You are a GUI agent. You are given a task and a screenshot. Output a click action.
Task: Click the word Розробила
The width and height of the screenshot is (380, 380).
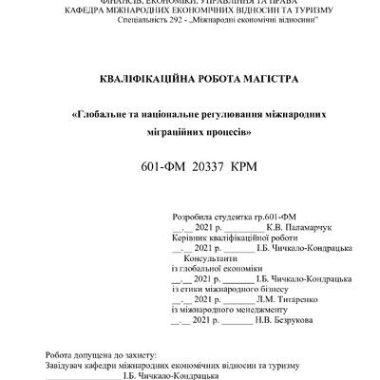coord(191,218)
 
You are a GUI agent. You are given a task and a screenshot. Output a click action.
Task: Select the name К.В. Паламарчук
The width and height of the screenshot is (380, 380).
coord(296,228)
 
